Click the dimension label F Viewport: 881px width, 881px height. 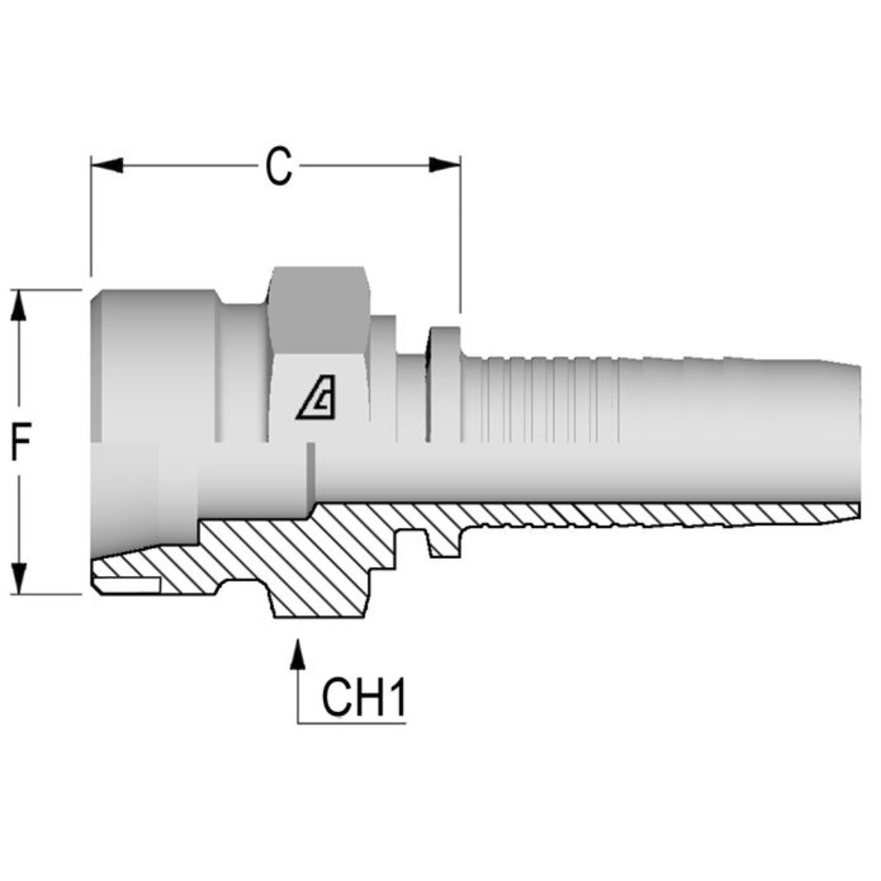tap(20, 444)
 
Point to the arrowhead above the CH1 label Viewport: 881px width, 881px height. tap(298, 657)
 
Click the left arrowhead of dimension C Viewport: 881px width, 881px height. tap(107, 166)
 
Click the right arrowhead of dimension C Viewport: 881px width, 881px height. tap(445, 166)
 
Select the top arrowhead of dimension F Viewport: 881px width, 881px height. tap(20, 307)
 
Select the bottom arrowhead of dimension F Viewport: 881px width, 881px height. tap(20, 578)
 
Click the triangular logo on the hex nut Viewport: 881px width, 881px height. tap(317, 401)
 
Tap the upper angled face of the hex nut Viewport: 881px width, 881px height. tap(318, 310)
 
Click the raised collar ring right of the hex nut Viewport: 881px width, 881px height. tap(445, 383)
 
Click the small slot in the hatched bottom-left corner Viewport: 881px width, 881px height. tap(126, 583)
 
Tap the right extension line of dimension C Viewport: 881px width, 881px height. tap(460, 237)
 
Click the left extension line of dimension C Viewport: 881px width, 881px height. tap(91, 220)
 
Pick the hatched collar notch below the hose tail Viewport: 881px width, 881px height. tap(445, 542)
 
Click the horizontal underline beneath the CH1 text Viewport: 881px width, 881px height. tap(351, 723)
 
